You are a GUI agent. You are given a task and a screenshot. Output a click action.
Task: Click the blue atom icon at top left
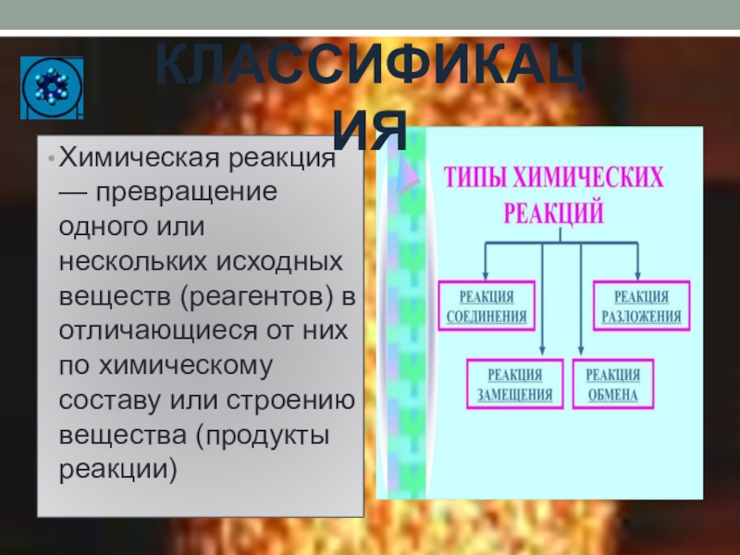(x=52, y=88)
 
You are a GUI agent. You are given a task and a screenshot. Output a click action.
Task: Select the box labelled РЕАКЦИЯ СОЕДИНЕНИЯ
(x=487, y=306)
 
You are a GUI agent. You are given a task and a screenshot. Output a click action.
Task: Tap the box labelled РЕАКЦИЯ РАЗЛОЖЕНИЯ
(x=641, y=306)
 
